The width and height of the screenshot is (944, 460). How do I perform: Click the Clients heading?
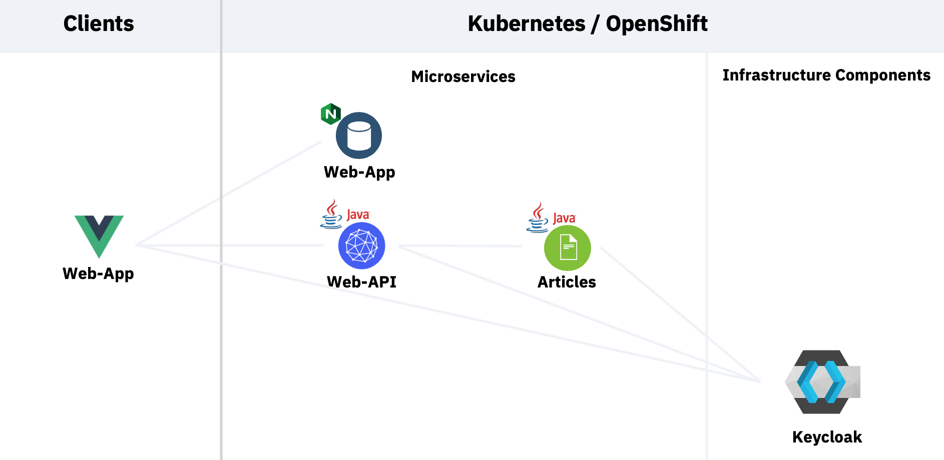[x=99, y=23]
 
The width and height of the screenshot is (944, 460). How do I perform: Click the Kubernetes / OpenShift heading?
[x=588, y=23]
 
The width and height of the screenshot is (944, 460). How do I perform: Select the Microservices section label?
[x=463, y=76]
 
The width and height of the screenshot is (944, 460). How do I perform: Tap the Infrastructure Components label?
[x=826, y=75]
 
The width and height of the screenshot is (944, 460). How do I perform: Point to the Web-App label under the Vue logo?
[x=98, y=274]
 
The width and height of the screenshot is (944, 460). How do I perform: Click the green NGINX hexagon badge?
[x=330, y=114]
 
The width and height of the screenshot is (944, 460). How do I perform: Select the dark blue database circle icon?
[x=359, y=135]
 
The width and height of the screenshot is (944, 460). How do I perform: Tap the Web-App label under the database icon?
[x=359, y=172]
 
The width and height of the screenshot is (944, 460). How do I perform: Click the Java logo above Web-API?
[x=345, y=214]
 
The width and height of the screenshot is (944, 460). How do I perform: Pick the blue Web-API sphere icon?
[x=361, y=246]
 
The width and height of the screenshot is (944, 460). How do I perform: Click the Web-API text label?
[x=361, y=282]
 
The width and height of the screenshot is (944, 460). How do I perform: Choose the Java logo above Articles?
[x=551, y=217]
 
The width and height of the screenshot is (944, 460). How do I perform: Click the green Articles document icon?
[x=568, y=248]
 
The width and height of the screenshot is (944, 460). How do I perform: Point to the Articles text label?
[x=567, y=282]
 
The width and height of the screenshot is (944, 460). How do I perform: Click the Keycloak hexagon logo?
[x=822, y=382]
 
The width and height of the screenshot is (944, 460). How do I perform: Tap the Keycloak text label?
[x=827, y=437]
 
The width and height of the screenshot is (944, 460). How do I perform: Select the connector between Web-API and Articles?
[x=460, y=246]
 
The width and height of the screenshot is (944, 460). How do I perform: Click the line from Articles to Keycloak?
[x=681, y=314]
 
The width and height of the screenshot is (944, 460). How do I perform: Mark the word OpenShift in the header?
[x=657, y=23]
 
